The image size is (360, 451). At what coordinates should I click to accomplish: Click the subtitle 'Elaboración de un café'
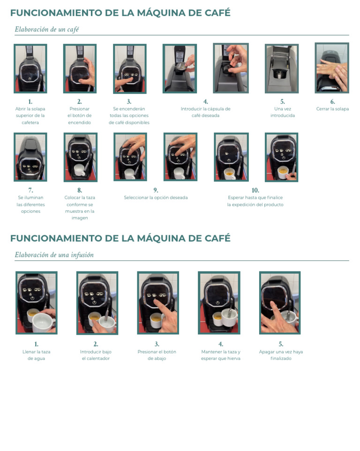(x=47, y=30)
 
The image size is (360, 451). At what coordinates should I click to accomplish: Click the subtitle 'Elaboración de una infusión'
(x=54, y=255)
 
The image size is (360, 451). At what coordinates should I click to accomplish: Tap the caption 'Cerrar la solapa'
(x=332, y=109)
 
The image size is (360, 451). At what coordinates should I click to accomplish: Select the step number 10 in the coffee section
(x=255, y=190)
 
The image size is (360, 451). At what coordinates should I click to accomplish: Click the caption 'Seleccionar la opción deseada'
(x=156, y=198)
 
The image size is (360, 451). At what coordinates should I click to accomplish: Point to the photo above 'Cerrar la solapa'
(x=332, y=68)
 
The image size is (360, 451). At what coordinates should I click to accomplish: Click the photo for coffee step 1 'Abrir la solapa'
(x=30, y=68)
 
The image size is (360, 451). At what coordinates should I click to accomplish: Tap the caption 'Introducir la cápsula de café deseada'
(x=205, y=112)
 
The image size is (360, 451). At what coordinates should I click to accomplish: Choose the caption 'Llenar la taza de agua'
(x=36, y=355)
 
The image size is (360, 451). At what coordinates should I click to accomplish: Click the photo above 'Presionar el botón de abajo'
(x=157, y=303)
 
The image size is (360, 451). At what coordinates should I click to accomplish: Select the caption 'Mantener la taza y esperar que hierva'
(x=220, y=355)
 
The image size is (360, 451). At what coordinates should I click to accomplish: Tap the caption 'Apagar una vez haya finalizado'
(x=281, y=355)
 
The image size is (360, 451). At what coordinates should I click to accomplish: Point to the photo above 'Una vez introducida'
(x=282, y=68)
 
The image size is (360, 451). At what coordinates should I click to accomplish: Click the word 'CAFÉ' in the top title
(x=217, y=13)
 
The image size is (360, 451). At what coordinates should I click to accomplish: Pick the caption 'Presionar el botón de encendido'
(x=79, y=116)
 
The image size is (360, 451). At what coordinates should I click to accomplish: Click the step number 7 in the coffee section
(x=30, y=190)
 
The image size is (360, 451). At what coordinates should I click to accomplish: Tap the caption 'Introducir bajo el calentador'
(x=96, y=355)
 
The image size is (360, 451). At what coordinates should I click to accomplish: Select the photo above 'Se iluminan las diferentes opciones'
(x=30, y=157)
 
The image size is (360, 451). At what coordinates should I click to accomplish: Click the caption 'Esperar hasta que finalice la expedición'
(x=255, y=201)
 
